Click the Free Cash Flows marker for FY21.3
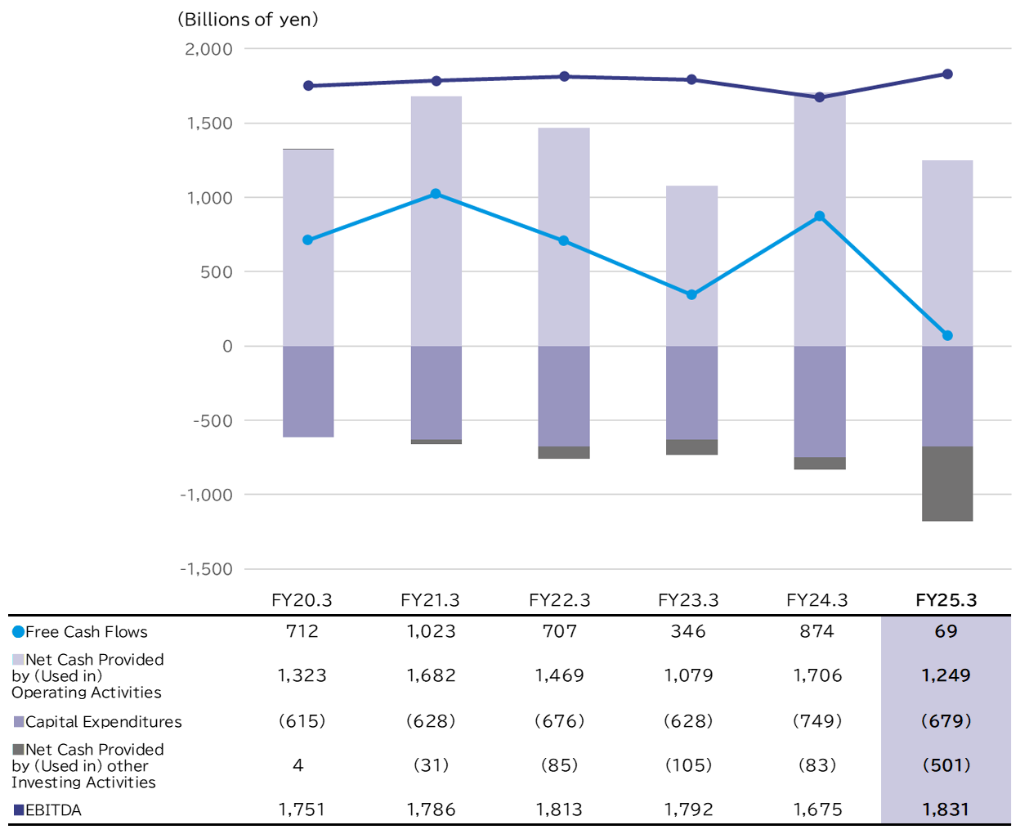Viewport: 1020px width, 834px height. point(436,194)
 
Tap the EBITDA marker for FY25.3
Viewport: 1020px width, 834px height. point(947,74)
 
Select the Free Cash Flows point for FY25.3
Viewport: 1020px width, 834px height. point(947,336)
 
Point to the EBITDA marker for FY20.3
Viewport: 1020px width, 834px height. point(308,86)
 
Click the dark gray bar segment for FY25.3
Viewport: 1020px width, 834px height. point(947,483)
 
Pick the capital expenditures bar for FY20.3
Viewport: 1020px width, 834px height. point(308,392)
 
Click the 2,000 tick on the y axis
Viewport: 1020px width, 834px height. point(209,49)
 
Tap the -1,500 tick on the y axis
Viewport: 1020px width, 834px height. point(207,569)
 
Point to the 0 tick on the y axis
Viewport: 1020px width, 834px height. point(227,347)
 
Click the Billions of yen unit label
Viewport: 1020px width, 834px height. point(248,20)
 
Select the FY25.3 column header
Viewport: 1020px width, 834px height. point(946,600)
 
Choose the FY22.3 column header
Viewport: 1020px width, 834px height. point(559,600)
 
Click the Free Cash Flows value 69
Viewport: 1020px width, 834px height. point(946,631)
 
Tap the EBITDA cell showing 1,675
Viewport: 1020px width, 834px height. point(817,809)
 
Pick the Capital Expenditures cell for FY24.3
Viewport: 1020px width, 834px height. point(817,721)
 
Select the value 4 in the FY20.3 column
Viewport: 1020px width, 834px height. point(298,765)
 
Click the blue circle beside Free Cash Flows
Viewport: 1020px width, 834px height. point(18,632)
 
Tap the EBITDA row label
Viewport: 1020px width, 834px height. point(53,810)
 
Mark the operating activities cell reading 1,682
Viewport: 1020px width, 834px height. point(431,675)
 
